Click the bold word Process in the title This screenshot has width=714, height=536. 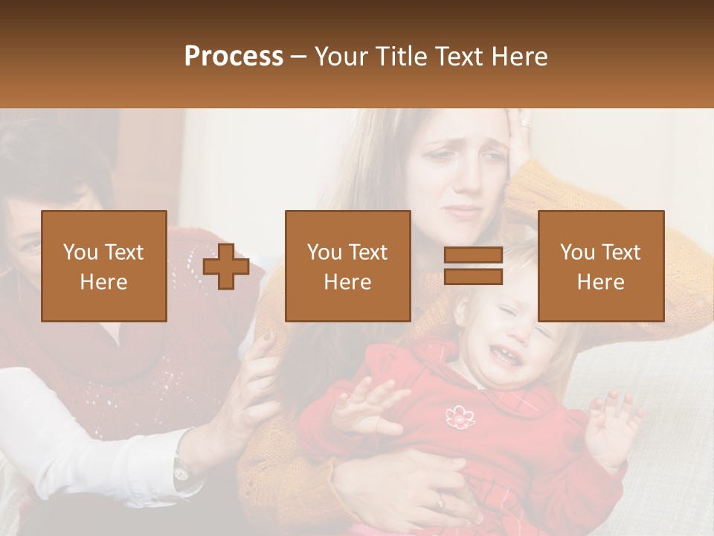234,57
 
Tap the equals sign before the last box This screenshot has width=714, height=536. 473,266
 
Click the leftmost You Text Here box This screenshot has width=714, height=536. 104,266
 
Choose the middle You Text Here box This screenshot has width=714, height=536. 347,266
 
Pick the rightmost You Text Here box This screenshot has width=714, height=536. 601,266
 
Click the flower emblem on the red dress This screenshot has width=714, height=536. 459,417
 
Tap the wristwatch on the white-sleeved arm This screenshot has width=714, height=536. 181,467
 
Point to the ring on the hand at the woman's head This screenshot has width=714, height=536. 527,123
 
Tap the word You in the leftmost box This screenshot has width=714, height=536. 80,252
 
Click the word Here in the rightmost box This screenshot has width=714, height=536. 601,281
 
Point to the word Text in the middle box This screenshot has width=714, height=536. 367,252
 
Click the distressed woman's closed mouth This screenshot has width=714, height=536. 463,211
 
